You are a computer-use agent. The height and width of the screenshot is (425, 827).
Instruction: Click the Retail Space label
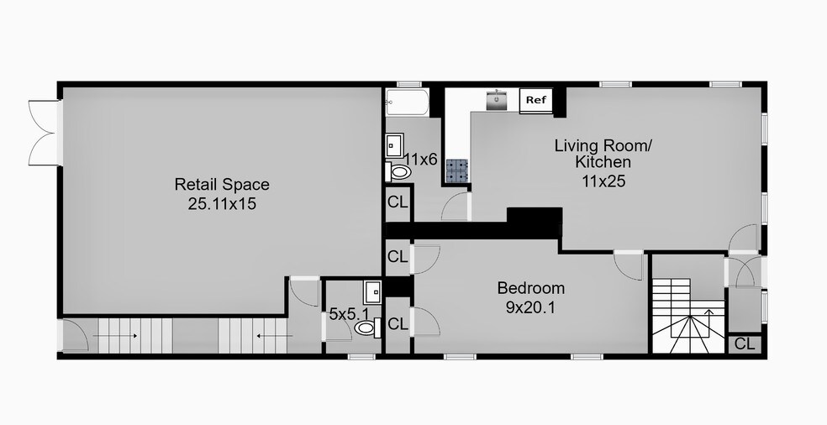point(222,185)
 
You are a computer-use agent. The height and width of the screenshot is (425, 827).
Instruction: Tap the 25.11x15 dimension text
point(222,203)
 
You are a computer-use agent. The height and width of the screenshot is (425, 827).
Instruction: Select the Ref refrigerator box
point(536,100)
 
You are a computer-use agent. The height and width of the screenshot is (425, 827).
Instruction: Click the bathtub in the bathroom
point(407,102)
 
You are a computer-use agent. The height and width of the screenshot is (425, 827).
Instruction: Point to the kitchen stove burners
point(457,171)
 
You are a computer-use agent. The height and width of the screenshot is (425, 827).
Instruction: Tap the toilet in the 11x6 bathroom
point(398,172)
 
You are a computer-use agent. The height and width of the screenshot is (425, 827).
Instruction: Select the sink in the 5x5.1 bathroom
point(373,292)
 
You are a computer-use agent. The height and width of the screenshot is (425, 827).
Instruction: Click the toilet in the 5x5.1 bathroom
point(367,328)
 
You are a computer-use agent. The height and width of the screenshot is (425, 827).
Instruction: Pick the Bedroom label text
point(531,288)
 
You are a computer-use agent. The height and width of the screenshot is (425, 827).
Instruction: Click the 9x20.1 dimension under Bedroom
point(530,307)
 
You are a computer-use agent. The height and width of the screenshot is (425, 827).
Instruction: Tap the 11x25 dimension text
point(603,181)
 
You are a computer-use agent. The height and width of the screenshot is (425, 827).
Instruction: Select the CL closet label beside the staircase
point(745,344)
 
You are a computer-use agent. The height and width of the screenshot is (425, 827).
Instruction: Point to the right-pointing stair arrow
point(115,336)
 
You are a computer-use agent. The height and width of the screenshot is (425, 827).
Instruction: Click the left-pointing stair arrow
point(274,335)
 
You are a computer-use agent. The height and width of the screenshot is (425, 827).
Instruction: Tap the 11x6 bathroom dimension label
point(420,159)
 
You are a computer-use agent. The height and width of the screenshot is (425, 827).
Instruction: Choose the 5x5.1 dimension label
point(349,314)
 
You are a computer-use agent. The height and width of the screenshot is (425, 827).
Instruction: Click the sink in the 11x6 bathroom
point(394,145)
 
